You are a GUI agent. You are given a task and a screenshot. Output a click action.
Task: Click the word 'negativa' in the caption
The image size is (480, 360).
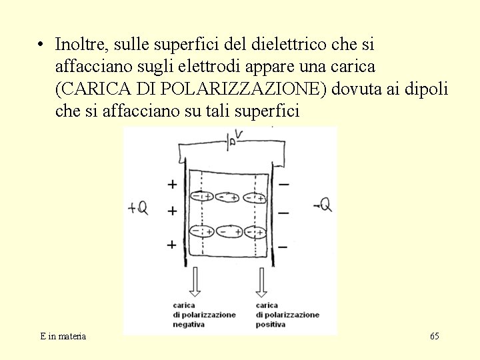[x=189, y=325]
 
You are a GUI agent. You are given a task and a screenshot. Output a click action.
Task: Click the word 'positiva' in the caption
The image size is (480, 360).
[x=270, y=325]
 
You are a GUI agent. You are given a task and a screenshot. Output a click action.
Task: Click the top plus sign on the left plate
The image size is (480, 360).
[x=172, y=184]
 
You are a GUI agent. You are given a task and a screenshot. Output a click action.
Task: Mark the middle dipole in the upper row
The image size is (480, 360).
[x=228, y=197]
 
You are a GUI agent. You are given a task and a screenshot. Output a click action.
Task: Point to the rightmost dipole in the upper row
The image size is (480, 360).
[x=254, y=197]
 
